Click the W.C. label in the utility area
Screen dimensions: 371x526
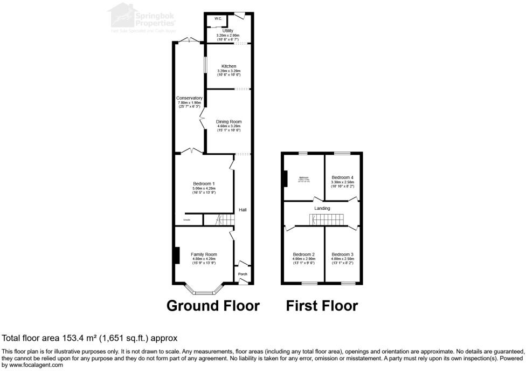218,19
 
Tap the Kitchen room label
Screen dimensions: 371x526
228,66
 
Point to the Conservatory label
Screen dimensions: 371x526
189,98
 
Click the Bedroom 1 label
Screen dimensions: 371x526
204,184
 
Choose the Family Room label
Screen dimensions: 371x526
204,254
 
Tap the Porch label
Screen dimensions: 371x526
243,274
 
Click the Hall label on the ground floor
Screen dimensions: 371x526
243,210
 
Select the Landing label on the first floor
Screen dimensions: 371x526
322,208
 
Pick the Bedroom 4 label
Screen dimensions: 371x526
342,177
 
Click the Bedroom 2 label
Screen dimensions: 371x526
303,255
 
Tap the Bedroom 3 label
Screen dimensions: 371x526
342,255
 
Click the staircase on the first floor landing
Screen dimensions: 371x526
326,220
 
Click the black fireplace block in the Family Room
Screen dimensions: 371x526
177,255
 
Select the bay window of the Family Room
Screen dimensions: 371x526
203,292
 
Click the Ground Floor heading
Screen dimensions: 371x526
213,306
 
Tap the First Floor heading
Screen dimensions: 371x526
322,306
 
